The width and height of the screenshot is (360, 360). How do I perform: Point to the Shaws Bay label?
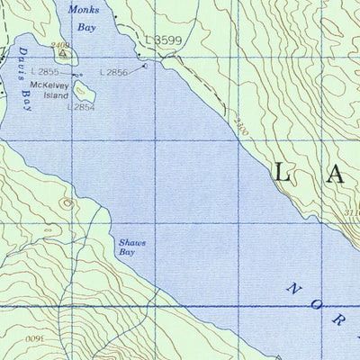pyautogui.click(x=131, y=247)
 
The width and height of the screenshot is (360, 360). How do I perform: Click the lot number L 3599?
pyautogui.click(x=164, y=40)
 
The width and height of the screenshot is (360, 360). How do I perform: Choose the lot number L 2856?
pyautogui.click(x=114, y=72)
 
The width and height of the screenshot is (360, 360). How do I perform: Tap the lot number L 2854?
pyautogui.click(x=80, y=106)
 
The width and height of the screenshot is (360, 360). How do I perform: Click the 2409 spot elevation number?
pyautogui.click(x=59, y=44)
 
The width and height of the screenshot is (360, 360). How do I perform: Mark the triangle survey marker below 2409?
pyautogui.click(x=62, y=52)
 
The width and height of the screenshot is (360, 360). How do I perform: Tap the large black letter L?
pyautogui.click(x=283, y=174)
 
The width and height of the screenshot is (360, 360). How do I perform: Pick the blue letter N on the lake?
pyautogui.click(x=292, y=290)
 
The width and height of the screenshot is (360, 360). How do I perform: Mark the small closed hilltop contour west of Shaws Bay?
pyautogui.click(x=66, y=202)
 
